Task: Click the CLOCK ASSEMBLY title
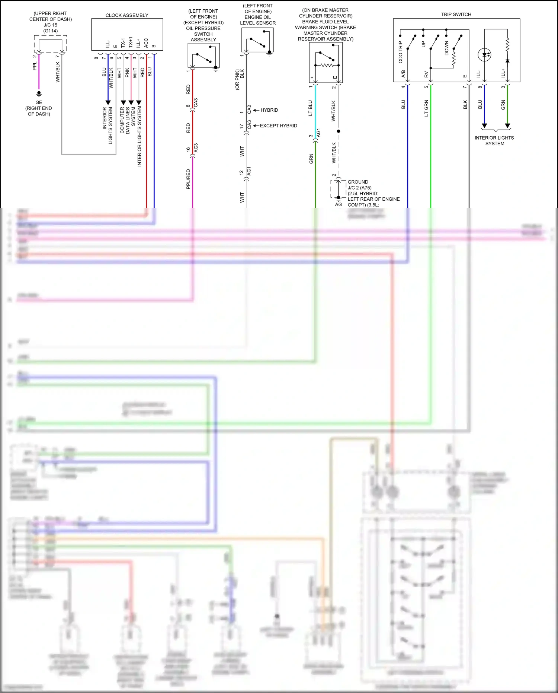coord(127,15)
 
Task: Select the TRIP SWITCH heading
coord(456,15)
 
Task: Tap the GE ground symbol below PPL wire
coord(39,93)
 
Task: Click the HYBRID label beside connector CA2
coord(269,110)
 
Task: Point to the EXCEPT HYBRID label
coord(278,126)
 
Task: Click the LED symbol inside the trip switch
coord(485,55)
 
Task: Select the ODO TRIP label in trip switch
coord(401,52)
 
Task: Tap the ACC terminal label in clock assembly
coord(146,43)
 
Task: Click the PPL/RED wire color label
coord(188,179)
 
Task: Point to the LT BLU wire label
coord(311,108)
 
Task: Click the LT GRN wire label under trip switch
coord(426,108)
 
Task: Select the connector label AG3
coord(196,147)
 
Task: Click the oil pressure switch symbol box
coord(203,55)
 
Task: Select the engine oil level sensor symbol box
coord(257,40)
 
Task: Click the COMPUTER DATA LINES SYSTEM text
coord(128,120)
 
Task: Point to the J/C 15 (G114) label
coord(51,28)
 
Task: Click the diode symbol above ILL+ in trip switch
coord(507,60)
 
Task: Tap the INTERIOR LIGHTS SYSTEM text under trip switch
coord(494,140)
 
